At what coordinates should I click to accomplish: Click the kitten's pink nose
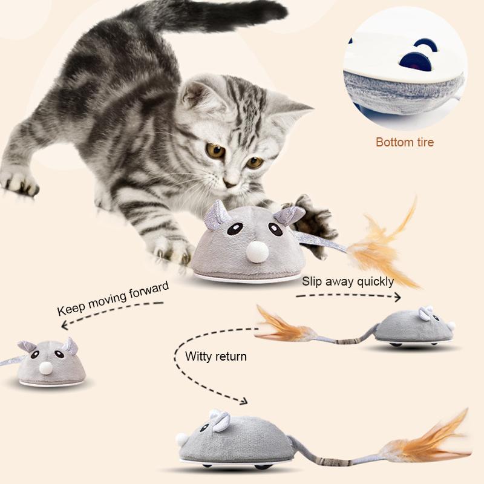[x=231, y=181]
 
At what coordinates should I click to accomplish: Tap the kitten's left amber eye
[x=215, y=151]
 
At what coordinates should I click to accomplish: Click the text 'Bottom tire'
[x=405, y=143]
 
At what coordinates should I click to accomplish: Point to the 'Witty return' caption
[x=216, y=356]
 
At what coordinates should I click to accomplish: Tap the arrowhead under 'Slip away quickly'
[x=396, y=296]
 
